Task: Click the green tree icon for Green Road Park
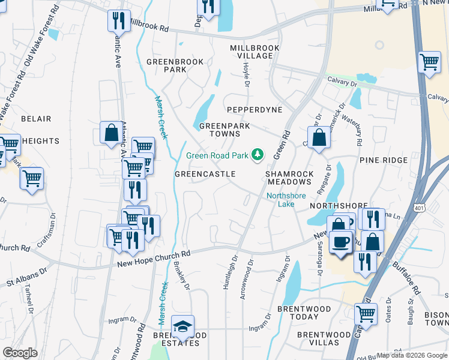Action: pyautogui.click(x=258, y=155)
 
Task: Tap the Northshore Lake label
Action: pyautogui.click(x=286, y=200)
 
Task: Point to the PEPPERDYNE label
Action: pyautogui.click(x=254, y=110)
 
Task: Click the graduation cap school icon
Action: pyautogui.click(x=182, y=326)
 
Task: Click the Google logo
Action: pyautogui.click(x=20, y=353)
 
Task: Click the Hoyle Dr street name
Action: pyautogui.click(x=246, y=75)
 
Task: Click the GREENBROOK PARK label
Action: pyautogui.click(x=175, y=65)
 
